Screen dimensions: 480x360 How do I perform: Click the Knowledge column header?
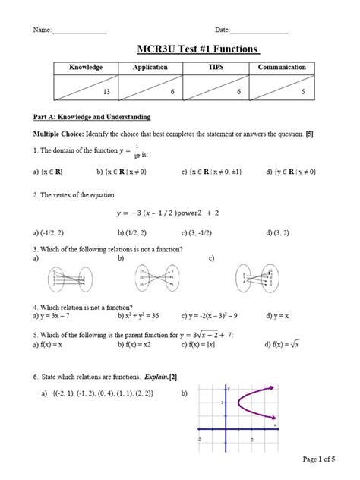coord(86,68)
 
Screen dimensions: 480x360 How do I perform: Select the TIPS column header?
coord(216,68)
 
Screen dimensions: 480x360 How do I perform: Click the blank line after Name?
coord(79,30)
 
